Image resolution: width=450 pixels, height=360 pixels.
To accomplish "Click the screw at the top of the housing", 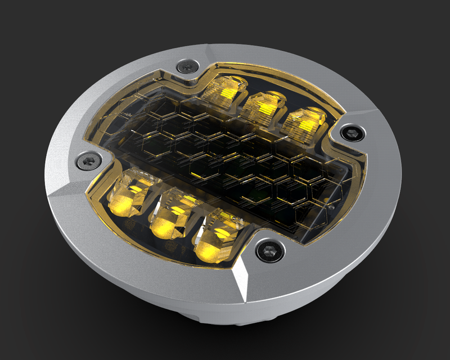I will click(x=185, y=66).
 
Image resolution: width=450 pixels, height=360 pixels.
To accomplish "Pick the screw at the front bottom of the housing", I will click(x=264, y=250).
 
